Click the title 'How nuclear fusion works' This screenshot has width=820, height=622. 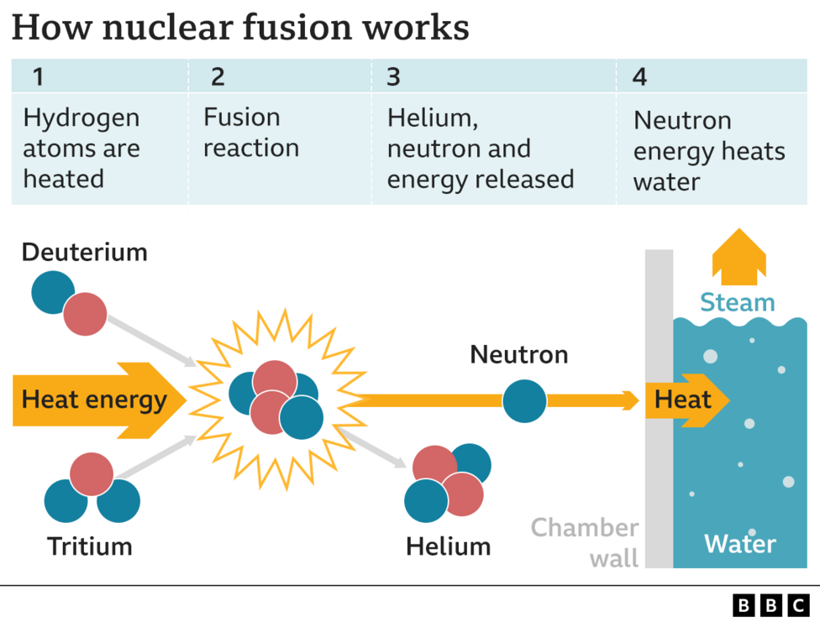[240, 28]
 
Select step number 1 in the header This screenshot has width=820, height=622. [38, 77]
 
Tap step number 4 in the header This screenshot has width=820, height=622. [639, 77]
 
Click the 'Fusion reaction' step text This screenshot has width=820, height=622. [251, 133]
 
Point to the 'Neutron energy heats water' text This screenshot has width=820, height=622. [709, 151]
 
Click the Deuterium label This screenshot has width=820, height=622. [84, 252]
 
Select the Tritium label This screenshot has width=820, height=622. [89, 546]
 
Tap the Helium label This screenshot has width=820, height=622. [448, 546]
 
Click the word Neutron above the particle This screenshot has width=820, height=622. [518, 354]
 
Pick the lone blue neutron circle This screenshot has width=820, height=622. [524, 400]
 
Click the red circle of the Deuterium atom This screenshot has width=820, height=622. [85, 315]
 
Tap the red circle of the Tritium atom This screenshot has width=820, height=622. [92, 474]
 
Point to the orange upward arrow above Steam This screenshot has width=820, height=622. [739, 256]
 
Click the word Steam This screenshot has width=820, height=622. [738, 302]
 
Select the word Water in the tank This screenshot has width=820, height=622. [739, 544]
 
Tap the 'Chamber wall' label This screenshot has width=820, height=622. [586, 542]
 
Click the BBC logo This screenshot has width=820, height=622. [770, 604]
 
